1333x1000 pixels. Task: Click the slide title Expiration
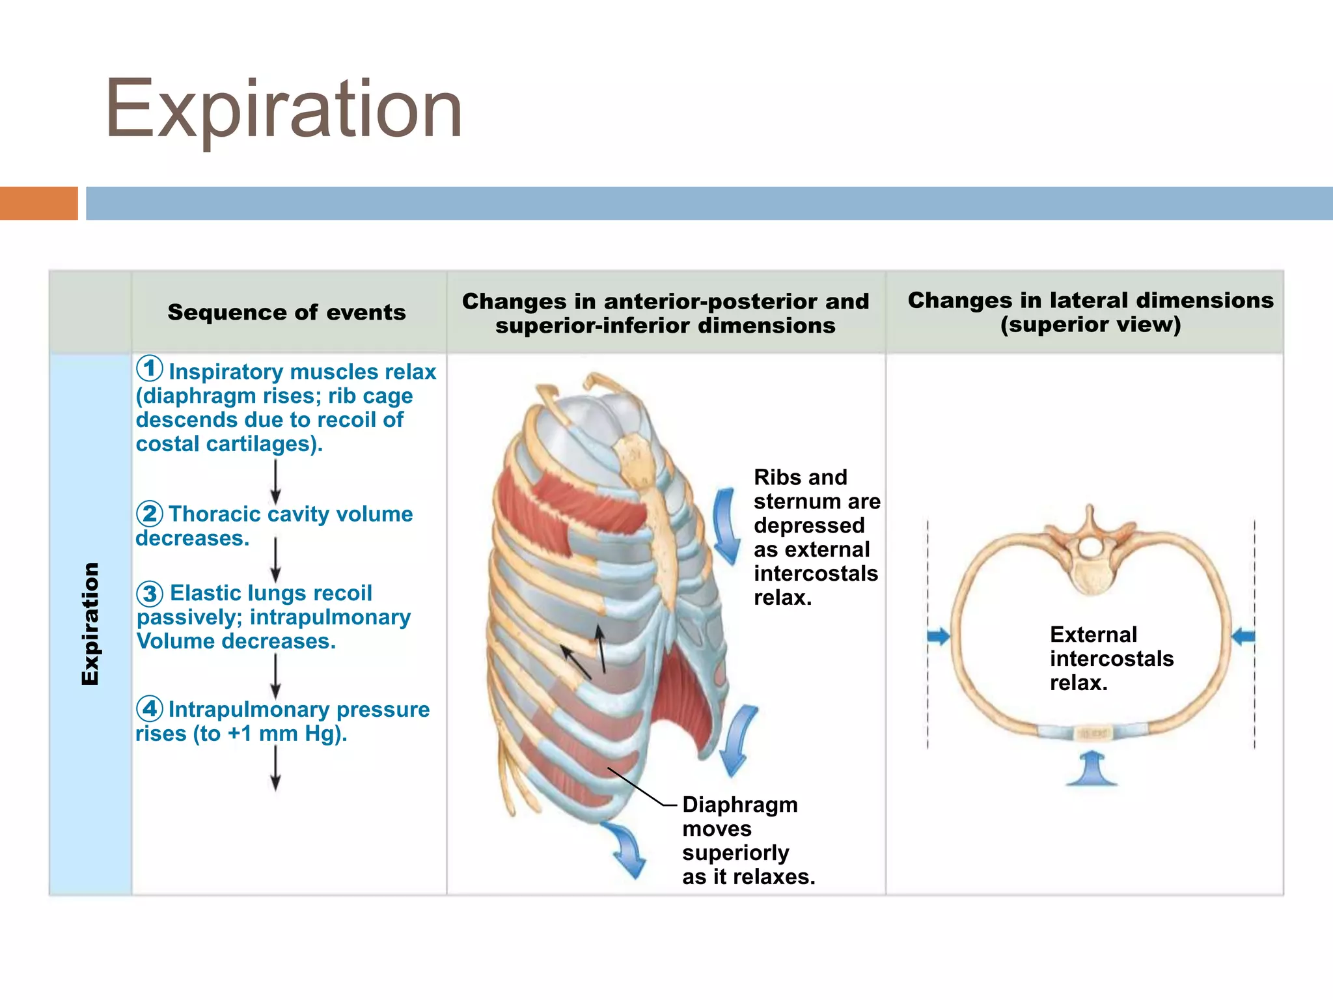point(283,109)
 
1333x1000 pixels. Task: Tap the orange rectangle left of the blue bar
point(38,203)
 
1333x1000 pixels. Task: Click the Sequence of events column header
point(286,312)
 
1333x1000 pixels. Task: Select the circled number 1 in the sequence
point(150,368)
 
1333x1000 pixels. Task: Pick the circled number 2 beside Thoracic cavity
point(150,514)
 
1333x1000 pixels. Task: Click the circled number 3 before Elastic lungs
point(150,593)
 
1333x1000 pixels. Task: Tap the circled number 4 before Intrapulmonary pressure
point(150,708)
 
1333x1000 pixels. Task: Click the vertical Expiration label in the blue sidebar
point(90,623)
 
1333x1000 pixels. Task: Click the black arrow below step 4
point(275,768)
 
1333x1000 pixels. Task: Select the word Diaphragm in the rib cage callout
point(739,805)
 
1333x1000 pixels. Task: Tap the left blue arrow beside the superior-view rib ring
point(939,636)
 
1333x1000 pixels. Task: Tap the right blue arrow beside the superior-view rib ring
point(1243,636)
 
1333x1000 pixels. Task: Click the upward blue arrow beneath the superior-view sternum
point(1092,769)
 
